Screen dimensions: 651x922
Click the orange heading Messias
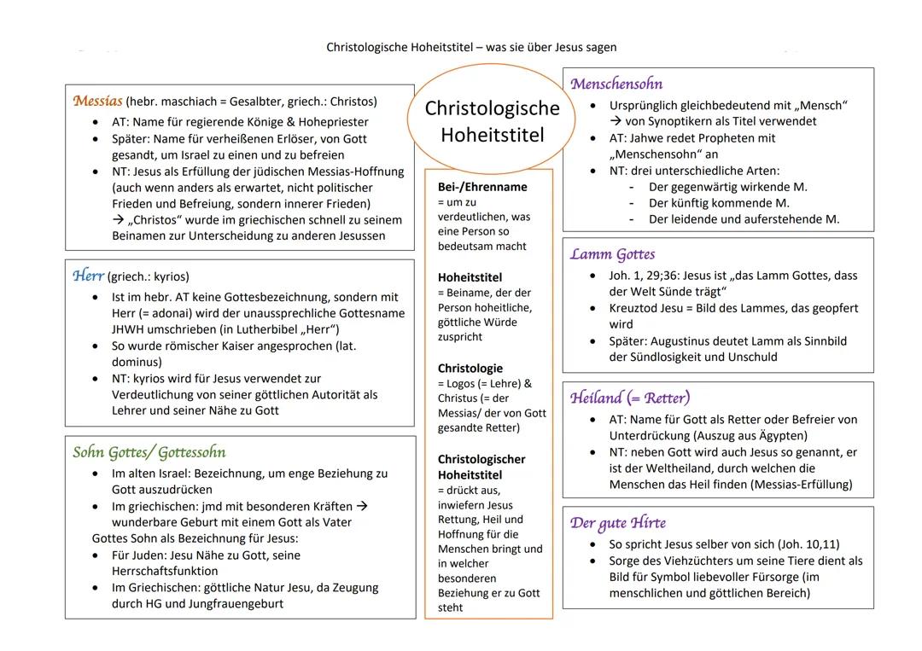pyautogui.click(x=98, y=101)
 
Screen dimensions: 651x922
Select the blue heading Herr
pyautogui.click(x=88, y=276)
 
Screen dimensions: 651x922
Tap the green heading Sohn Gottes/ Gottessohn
pyautogui.click(x=149, y=452)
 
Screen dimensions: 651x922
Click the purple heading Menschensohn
pyautogui.click(x=616, y=84)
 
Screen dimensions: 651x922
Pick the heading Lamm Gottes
pyautogui.click(x=612, y=254)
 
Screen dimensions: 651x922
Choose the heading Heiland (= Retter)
pyautogui.click(x=630, y=398)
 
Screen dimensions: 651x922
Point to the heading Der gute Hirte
pyautogui.click(x=618, y=523)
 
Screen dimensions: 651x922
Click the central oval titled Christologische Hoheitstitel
pyautogui.click(x=493, y=121)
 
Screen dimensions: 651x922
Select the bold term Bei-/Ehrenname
pyautogui.click(x=482, y=187)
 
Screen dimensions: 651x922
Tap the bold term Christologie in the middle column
pyautogui.click(x=470, y=369)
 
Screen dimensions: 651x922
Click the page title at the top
pyautogui.click(x=471, y=48)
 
